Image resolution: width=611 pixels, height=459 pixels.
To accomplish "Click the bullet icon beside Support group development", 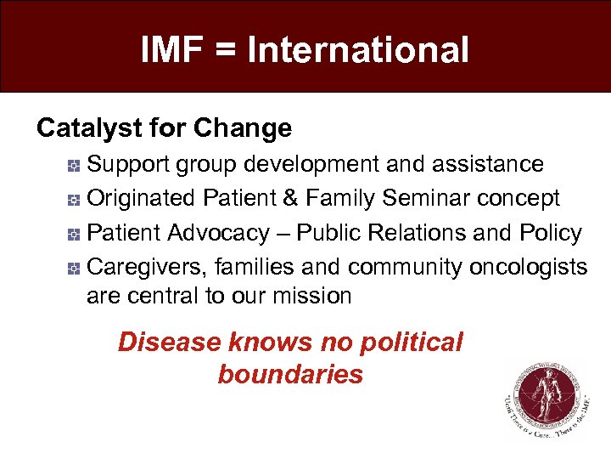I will [75, 163].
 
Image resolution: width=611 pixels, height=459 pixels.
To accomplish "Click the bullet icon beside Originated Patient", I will [75, 199].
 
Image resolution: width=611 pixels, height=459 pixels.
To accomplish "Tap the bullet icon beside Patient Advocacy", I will [75, 234].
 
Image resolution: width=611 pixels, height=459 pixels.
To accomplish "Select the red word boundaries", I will [290, 374].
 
